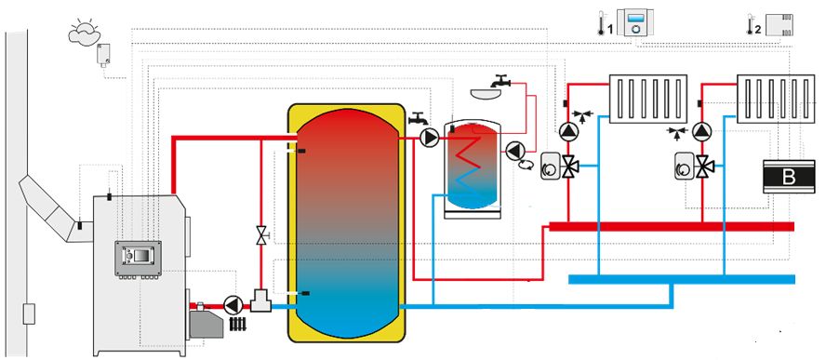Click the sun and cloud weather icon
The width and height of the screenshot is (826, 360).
coord(84,31)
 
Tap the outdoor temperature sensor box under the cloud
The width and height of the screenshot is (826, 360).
coord(103,54)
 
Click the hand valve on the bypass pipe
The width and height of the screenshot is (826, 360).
coord(261,234)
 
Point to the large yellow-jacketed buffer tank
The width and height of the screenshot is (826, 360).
coord(346,223)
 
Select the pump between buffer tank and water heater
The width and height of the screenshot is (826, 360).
coord(430,138)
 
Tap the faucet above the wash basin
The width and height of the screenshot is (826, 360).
coord(500,81)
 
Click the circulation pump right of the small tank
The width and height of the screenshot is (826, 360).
coord(514,151)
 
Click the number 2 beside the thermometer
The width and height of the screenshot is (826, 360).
coord(757,30)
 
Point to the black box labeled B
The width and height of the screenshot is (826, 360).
coord(789,177)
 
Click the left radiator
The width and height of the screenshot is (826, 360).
coord(648,100)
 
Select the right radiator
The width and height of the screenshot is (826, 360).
coord(776,100)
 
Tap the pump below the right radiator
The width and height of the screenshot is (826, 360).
coord(701,132)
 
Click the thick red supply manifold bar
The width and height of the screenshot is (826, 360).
coord(672,226)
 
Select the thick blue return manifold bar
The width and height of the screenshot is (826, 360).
coord(682,279)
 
